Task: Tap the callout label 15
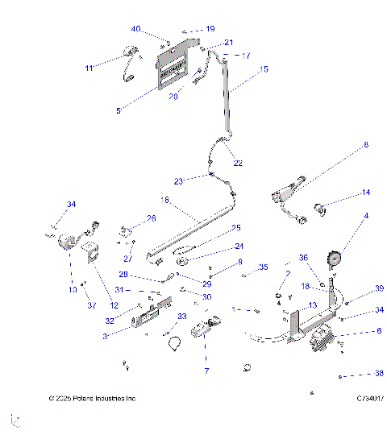pos(264,70)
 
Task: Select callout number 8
pos(364,145)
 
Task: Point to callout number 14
pos(365,193)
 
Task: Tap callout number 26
pos(151,219)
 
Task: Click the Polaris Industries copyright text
pos(92,399)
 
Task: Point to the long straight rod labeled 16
pos(189,234)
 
